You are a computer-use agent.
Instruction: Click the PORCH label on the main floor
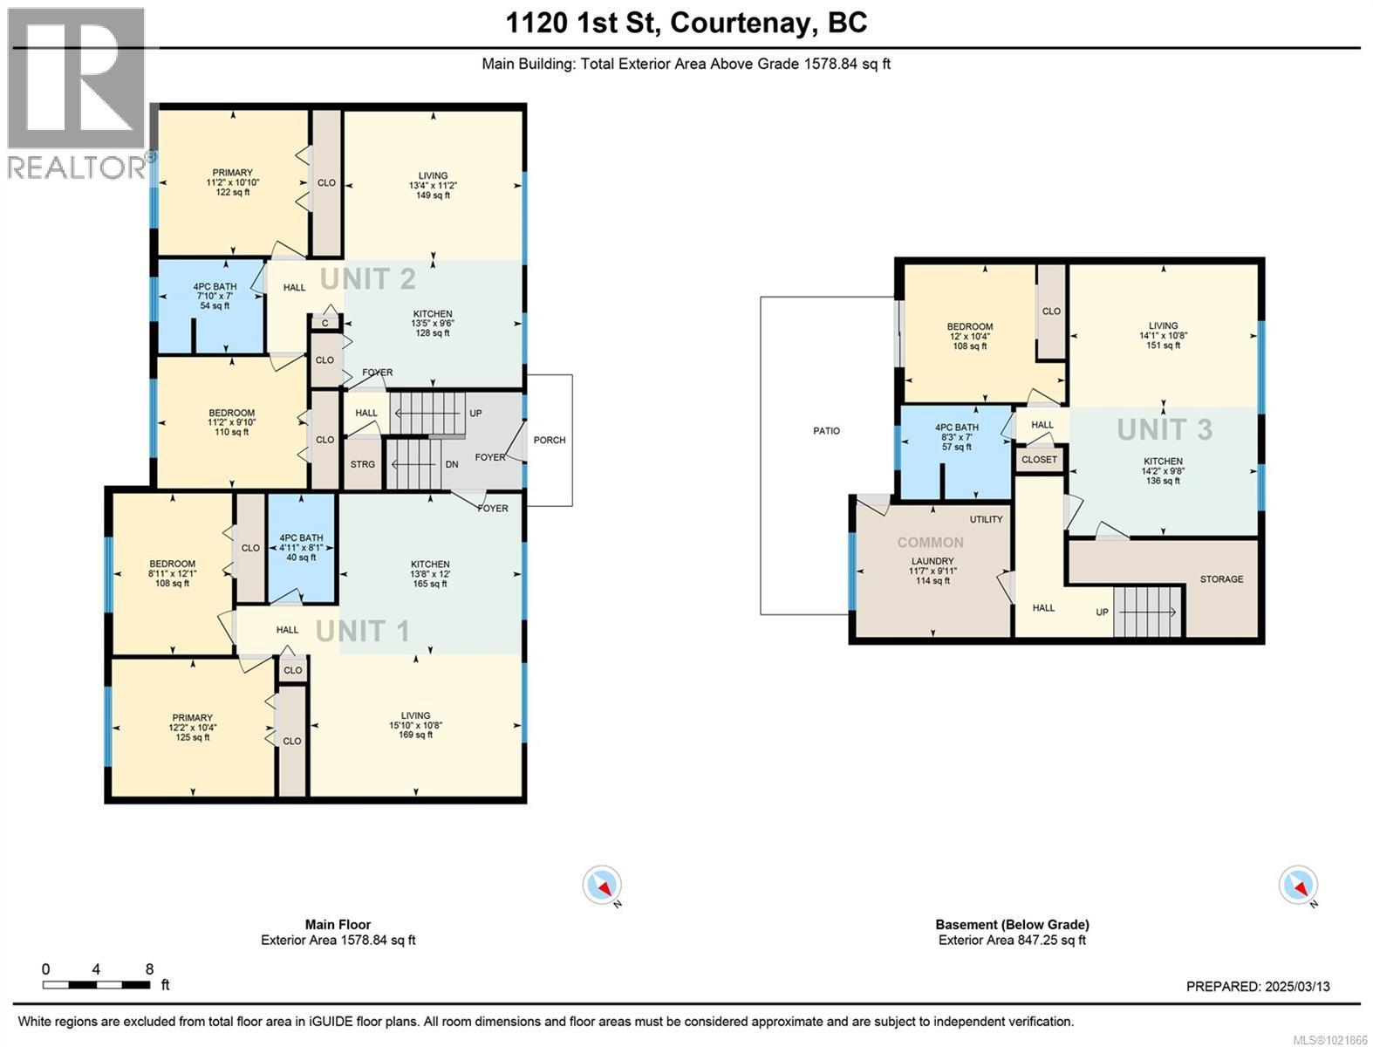(550, 440)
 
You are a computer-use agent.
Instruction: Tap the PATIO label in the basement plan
(826, 431)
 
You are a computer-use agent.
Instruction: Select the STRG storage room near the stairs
(363, 464)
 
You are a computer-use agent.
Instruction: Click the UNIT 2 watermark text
(367, 279)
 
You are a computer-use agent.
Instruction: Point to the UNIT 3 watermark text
(1165, 429)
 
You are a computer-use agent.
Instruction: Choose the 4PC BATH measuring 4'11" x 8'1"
(301, 547)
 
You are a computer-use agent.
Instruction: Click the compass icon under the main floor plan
(602, 886)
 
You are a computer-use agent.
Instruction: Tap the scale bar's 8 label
(149, 968)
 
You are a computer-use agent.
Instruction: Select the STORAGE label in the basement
(1221, 579)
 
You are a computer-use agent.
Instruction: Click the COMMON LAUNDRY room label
(932, 561)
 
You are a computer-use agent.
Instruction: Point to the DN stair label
(452, 464)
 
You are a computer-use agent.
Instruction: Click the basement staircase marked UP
(1147, 612)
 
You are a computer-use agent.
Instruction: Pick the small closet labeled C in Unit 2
(324, 323)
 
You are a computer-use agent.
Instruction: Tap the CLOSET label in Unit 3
(1038, 459)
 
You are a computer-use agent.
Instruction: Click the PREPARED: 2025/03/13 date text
(1258, 987)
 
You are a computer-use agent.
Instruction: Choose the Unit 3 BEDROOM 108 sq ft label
(969, 336)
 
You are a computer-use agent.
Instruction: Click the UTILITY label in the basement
(986, 519)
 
